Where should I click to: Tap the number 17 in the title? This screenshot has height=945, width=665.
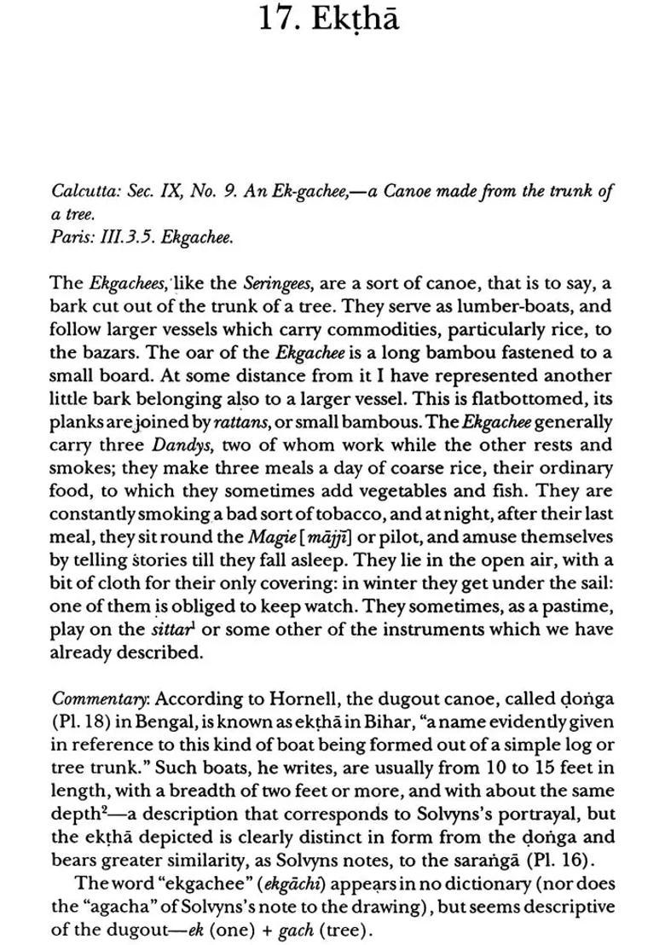point(280,20)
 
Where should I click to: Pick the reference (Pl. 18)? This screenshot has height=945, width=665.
point(83,722)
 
